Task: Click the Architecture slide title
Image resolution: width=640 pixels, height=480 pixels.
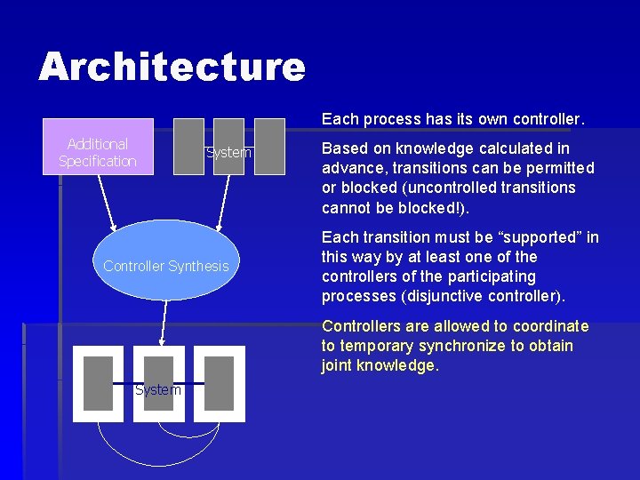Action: click(172, 67)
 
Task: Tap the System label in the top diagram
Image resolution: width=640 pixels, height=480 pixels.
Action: click(228, 153)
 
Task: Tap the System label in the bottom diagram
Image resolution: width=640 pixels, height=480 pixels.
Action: click(158, 389)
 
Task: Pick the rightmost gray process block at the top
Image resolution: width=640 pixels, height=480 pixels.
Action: click(269, 146)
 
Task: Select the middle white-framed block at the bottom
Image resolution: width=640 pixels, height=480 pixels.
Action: click(158, 383)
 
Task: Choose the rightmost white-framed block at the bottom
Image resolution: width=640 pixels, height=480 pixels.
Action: click(218, 383)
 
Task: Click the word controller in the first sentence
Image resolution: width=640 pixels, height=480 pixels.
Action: click(550, 118)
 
